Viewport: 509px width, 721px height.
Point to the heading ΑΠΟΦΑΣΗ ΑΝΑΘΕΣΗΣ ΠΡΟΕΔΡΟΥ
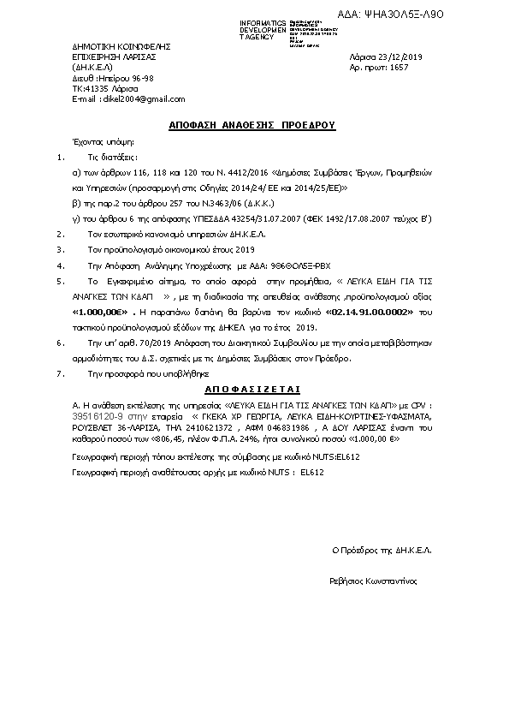coord(252,125)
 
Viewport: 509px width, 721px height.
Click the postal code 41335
coord(101,88)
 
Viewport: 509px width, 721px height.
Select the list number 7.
coord(58,375)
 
